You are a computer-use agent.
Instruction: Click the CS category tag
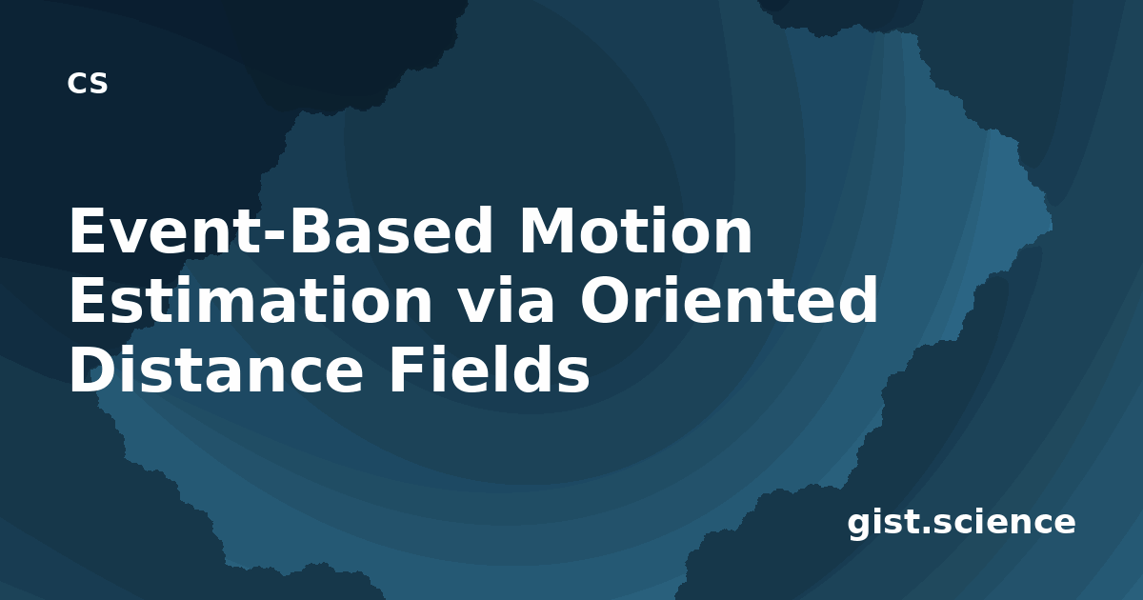88,83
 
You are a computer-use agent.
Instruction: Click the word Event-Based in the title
281,230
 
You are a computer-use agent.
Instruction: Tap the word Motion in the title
636,230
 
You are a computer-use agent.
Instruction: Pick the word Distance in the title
216,369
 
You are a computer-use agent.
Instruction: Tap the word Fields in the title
489,369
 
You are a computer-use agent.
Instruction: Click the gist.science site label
961,524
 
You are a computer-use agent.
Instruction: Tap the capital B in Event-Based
311,230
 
